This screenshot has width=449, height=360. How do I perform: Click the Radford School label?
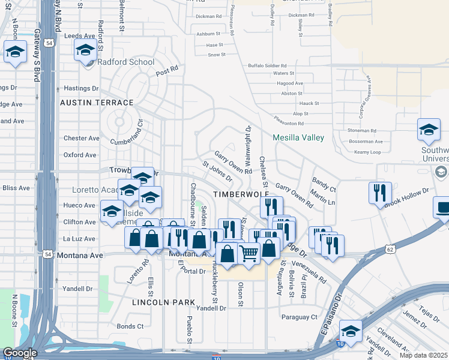pyautogui.click(x=124, y=62)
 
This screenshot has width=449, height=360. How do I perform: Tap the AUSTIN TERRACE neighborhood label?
pyautogui.click(x=97, y=103)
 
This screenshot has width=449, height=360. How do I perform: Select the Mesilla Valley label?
pyautogui.click(x=298, y=137)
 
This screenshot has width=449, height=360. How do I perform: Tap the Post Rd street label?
pyautogui.click(x=167, y=71)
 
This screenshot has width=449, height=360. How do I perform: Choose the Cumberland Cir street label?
pyautogui.click(x=127, y=134)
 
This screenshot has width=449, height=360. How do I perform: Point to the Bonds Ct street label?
pyautogui.click(x=130, y=326)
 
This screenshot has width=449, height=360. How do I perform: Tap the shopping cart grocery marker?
pyautogui.click(x=249, y=252)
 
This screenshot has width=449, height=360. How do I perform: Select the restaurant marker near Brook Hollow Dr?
pyautogui.click(x=380, y=193)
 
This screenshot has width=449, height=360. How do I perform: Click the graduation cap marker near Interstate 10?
pyautogui.click(x=351, y=331)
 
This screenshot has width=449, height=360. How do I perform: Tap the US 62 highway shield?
pyautogui.click(x=390, y=248)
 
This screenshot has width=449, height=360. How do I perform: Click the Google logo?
pyautogui.click(x=19, y=353)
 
